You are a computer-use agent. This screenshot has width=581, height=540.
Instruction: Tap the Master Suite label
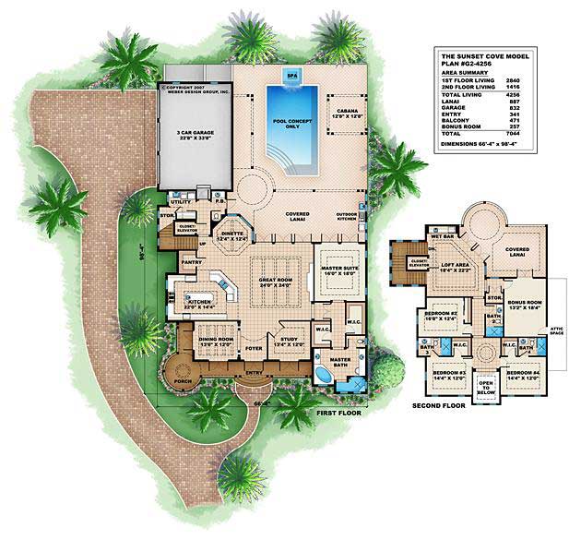tap(338, 271)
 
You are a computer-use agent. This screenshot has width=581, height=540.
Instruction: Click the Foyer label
tap(253, 349)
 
